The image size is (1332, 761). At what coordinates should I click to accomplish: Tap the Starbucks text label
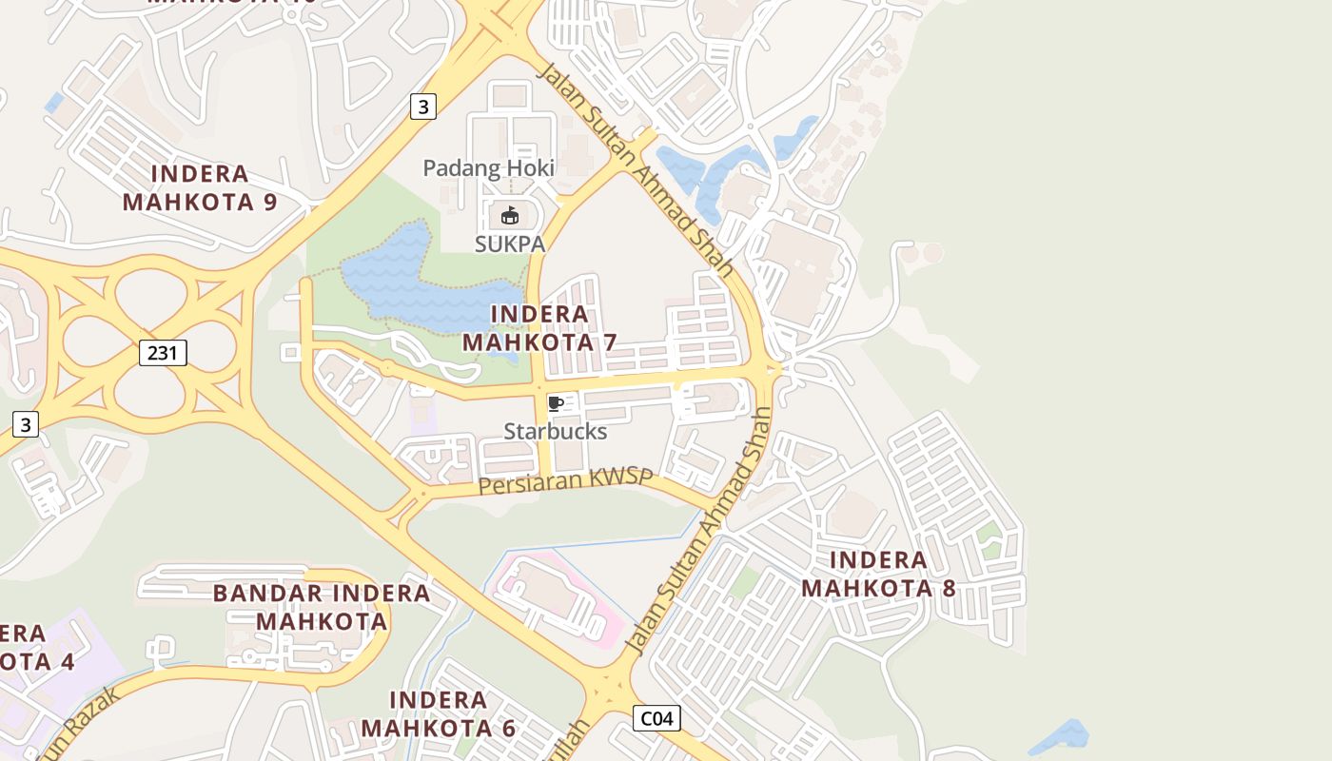(x=555, y=432)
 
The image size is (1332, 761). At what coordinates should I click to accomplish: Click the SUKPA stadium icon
(x=510, y=216)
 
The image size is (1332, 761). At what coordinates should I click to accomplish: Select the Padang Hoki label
(x=488, y=168)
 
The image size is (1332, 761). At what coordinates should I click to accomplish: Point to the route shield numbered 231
(x=163, y=353)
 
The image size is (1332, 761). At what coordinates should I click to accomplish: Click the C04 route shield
(x=656, y=718)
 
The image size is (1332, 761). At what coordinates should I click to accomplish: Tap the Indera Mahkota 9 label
(x=200, y=187)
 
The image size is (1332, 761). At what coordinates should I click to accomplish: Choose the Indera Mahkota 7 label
(x=539, y=328)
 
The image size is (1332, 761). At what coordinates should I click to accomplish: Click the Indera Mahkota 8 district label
(x=878, y=574)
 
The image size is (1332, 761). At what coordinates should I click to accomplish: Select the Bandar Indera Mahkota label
(x=322, y=607)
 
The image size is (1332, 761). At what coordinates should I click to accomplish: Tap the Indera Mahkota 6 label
(x=438, y=713)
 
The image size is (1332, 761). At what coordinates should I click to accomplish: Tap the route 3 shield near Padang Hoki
(x=423, y=107)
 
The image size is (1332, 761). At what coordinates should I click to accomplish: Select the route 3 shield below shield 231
(x=26, y=424)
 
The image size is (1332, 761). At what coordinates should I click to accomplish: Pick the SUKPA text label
(x=510, y=244)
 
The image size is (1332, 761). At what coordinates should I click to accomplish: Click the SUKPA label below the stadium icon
(x=510, y=244)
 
